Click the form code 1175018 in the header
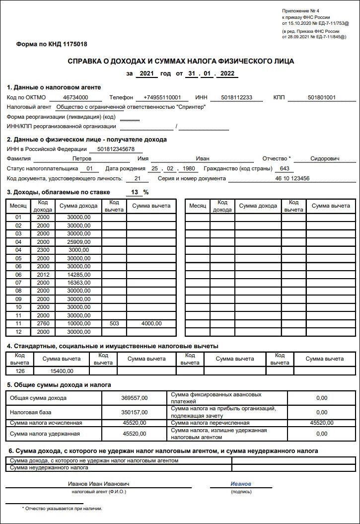click(x=74, y=44)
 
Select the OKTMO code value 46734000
click(x=76, y=97)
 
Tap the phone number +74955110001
click(x=162, y=97)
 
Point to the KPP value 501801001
click(x=321, y=97)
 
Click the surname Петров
click(x=82, y=158)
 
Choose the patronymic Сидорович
click(x=325, y=158)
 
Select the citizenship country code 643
click(x=285, y=168)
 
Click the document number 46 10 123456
click(x=292, y=178)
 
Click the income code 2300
click(x=43, y=250)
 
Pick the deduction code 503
click(x=114, y=323)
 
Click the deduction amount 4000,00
click(x=151, y=323)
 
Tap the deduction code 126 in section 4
click(x=20, y=371)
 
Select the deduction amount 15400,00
click(x=62, y=371)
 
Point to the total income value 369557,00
click(x=135, y=398)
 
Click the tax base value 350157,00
click(x=135, y=412)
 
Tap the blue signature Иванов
click(x=241, y=483)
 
